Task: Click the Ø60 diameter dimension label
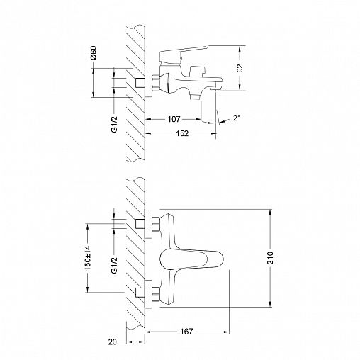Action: pyautogui.click(x=94, y=52)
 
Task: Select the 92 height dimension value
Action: pyautogui.click(x=240, y=68)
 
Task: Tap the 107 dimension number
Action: pyautogui.click(x=174, y=119)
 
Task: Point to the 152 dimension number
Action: pyautogui.click(x=182, y=133)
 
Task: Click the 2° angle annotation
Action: pyautogui.click(x=237, y=118)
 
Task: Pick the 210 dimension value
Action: pyautogui.click(x=271, y=258)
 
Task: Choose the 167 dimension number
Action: pyautogui.click(x=186, y=332)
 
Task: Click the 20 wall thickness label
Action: pyautogui.click(x=113, y=342)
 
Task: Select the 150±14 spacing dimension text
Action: pyautogui.click(x=88, y=258)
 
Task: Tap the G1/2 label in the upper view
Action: pyautogui.click(x=114, y=124)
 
